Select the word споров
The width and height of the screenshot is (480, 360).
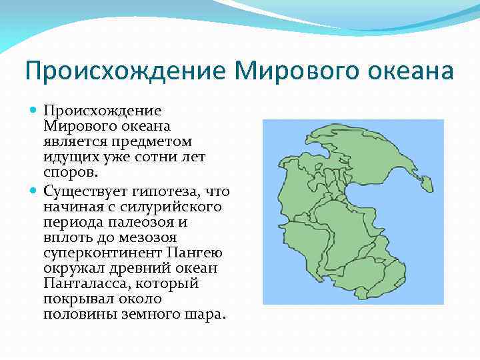71,172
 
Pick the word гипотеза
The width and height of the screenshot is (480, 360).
163,192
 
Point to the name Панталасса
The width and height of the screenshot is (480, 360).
83,284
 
